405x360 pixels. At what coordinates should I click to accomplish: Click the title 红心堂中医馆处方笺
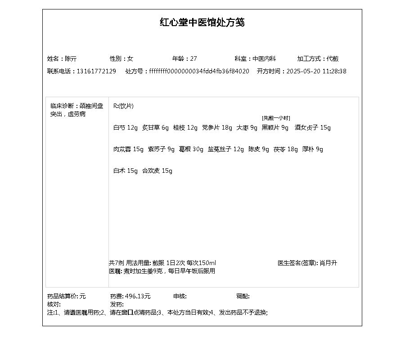pyautogui.click(x=202, y=22)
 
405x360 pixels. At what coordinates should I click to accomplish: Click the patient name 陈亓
pyautogui.click(x=71, y=59)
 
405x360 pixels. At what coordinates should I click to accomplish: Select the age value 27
pyautogui.click(x=193, y=59)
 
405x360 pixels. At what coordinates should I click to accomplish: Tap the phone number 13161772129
pyautogui.click(x=96, y=72)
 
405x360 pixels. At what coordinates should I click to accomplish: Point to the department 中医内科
pyautogui.click(x=264, y=59)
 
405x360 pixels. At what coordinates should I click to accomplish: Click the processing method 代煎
pyautogui.click(x=333, y=59)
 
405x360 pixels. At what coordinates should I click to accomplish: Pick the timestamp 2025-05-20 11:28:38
pyautogui.click(x=316, y=72)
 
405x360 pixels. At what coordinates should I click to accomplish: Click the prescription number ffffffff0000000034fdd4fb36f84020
pyautogui.click(x=199, y=72)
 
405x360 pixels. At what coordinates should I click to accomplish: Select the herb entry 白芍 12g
pyautogui.click(x=126, y=128)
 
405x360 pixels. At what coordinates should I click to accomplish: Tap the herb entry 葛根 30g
pyautogui.click(x=191, y=149)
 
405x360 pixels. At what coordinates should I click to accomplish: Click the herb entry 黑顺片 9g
pyautogui.click(x=275, y=128)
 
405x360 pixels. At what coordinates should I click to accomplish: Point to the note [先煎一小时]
pyautogui.click(x=276, y=118)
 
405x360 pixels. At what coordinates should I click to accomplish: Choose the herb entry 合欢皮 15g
pyautogui.click(x=157, y=171)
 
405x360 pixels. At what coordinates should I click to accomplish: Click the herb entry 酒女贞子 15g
pyautogui.click(x=313, y=128)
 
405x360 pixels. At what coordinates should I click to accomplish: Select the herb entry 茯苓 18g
pyautogui.click(x=286, y=149)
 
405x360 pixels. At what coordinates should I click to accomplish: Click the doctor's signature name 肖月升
pyautogui.click(x=328, y=263)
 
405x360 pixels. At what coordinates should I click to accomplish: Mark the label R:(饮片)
pyautogui.click(x=123, y=106)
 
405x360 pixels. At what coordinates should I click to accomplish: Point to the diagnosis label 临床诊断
pyautogui.click(x=62, y=106)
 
